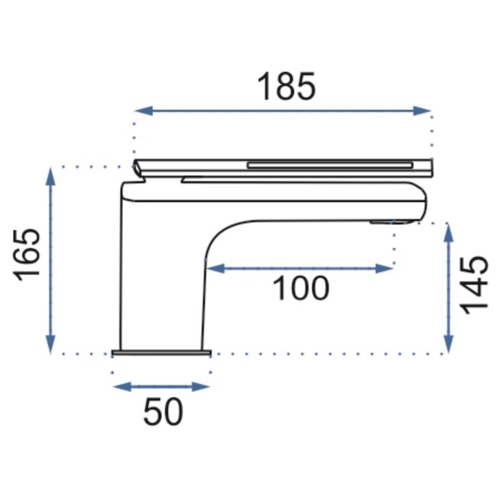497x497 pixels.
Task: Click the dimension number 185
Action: pyautogui.click(x=286, y=87)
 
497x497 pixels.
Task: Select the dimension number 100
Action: pyautogui.click(x=300, y=288)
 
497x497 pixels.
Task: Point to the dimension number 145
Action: pyautogui.click(x=474, y=284)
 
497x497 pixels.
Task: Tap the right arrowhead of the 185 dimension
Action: pyautogui.click(x=425, y=111)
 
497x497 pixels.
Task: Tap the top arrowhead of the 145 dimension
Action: pyautogui.click(x=449, y=230)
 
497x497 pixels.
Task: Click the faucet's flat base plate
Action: pyautogui.click(x=161, y=352)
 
